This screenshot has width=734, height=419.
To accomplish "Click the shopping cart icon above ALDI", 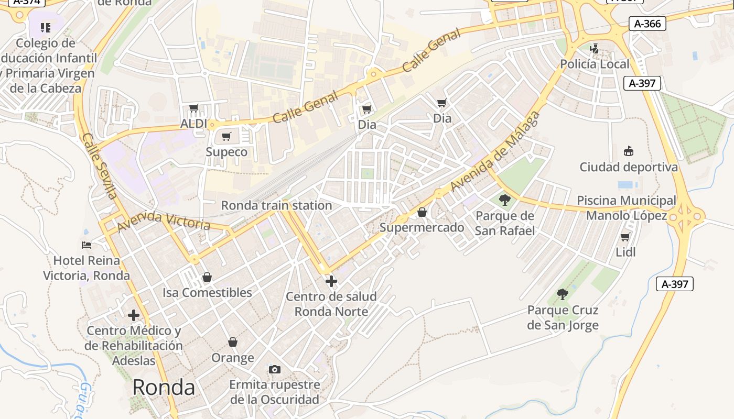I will pyautogui.click(x=193, y=108).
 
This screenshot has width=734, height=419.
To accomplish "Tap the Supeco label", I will pyautogui.click(x=226, y=152).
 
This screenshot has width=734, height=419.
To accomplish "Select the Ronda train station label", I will pyautogui.click(x=276, y=205).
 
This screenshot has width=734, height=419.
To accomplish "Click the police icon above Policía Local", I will pyautogui.click(x=594, y=49).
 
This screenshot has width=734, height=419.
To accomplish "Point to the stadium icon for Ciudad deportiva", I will pyautogui.click(x=628, y=151).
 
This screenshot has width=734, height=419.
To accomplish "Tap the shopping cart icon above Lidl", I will pyautogui.click(x=625, y=237).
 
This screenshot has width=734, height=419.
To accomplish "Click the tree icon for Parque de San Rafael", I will pyautogui.click(x=504, y=200).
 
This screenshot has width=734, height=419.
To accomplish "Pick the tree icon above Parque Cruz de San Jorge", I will pyautogui.click(x=563, y=294).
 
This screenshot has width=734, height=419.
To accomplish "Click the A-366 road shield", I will pyautogui.click(x=647, y=24).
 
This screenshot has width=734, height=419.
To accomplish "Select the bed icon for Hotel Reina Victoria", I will pyautogui.click(x=87, y=245).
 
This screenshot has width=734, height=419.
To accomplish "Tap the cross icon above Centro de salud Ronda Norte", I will pyautogui.click(x=331, y=282).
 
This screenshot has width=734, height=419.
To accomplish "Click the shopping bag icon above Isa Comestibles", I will pyautogui.click(x=207, y=277).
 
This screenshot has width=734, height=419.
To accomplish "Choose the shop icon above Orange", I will pyautogui.click(x=233, y=342).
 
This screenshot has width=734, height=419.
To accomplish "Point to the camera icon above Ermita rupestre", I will pyautogui.click(x=274, y=370).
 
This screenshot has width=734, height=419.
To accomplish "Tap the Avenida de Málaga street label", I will pyautogui.click(x=494, y=152).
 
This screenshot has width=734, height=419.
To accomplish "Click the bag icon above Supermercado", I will pyautogui.click(x=422, y=212).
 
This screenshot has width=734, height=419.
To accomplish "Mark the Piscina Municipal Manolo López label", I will pyautogui.click(x=627, y=208).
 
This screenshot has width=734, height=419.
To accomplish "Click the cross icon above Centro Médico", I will pyautogui.click(x=134, y=315).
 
